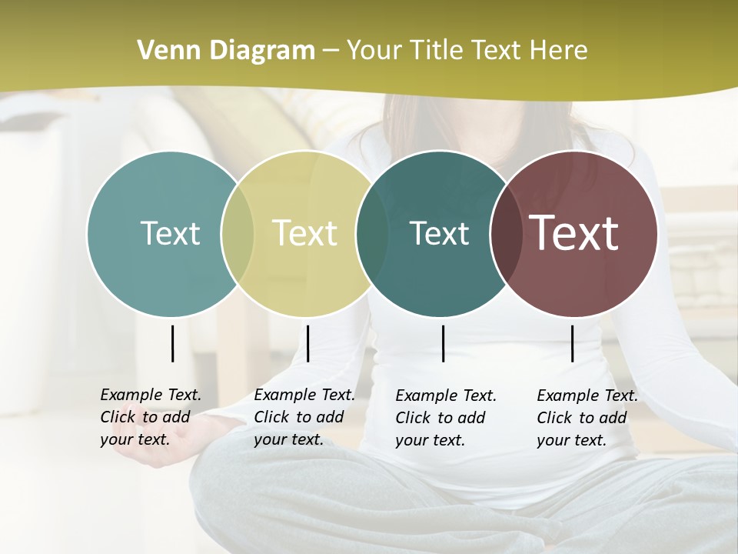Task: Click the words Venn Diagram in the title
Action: point(226,51)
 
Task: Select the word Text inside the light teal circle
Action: point(170,233)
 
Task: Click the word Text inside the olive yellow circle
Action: point(305,233)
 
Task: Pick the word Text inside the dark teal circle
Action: point(439,233)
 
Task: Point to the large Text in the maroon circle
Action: point(574,233)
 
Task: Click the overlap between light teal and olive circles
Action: point(238,234)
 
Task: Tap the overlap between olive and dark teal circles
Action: point(372,234)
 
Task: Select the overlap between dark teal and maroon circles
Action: point(506,234)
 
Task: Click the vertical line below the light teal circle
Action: point(172,343)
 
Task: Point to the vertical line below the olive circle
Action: point(307,343)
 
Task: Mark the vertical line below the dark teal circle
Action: point(443,343)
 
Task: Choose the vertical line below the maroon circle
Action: point(572,343)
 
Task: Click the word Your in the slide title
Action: point(374,51)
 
